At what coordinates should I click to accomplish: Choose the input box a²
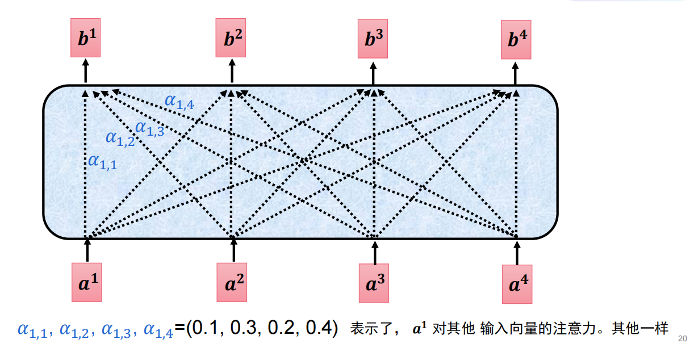click(x=233, y=282)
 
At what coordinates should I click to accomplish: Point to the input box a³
click(x=375, y=282)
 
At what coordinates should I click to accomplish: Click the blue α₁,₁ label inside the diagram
click(x=102, y=162)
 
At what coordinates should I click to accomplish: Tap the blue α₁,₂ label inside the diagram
click(x=120, y=137)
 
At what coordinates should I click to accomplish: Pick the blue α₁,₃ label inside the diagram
click(x=149, y=128)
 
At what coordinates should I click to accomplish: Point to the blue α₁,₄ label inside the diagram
click(x=180, y=102)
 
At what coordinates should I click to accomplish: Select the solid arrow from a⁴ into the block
click(x=517, y=251)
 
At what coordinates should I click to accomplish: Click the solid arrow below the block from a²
click(x=233, y=250)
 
